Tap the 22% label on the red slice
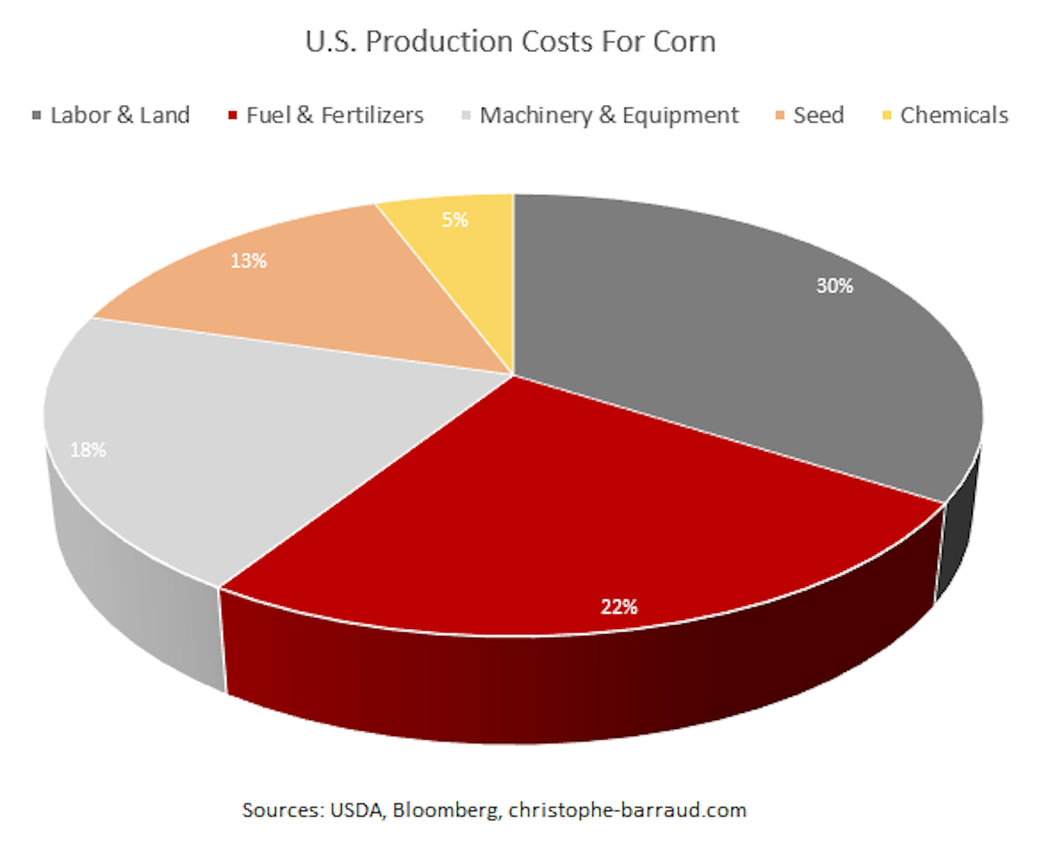619,607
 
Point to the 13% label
248,261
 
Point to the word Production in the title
438,42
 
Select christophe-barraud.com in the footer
627,810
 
